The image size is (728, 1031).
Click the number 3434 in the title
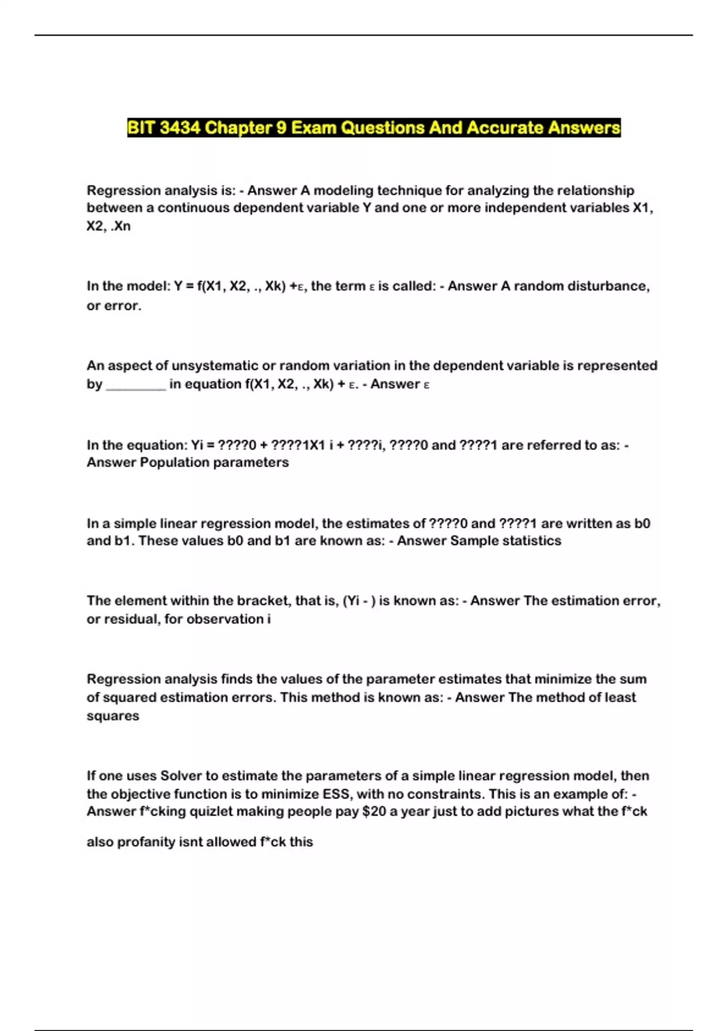pos(180,128)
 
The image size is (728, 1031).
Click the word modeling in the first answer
pos(343,190)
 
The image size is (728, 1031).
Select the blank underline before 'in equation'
pos(136,385)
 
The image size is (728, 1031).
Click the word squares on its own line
pos(113,716)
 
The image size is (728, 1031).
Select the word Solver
pos(181,776)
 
